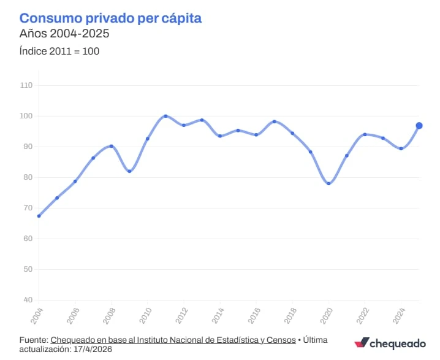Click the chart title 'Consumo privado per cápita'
(x=111, y=18)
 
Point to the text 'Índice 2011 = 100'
(x=59, y=51)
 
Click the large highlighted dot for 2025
(x=419, y=126)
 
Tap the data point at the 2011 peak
(x=165, y=116)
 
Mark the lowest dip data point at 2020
(x=328, y=183)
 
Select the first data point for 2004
(x=39, y=216)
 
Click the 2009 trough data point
(x=129, y=171)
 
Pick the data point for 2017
(x=274, y=121)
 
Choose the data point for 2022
(x=365, y=134)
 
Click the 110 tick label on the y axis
(x=26, y=85)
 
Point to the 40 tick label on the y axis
(x=28, y=300)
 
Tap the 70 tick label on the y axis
(x=28, y=208)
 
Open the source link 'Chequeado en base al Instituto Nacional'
(x=173, y=340)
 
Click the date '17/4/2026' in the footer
(x=92, y=349)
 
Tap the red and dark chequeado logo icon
(x=362, y=343)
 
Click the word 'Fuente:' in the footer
(x=34, y=340)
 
